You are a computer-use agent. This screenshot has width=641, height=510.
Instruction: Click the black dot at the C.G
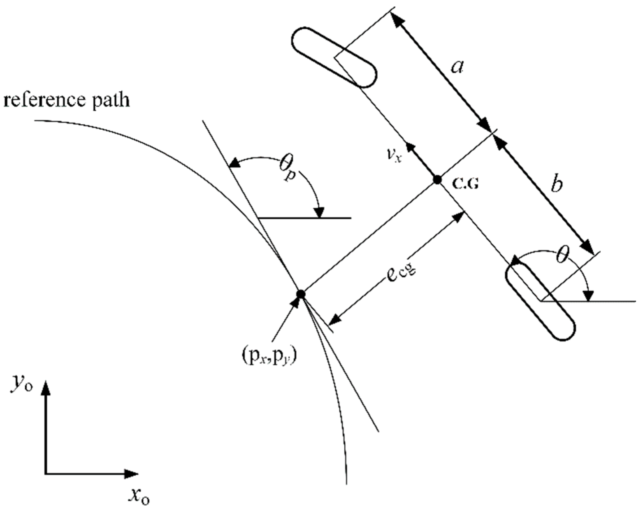pos(437,179)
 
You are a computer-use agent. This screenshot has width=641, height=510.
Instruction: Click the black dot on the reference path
pos(301,294)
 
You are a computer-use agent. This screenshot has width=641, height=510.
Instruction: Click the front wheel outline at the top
pos(334,58)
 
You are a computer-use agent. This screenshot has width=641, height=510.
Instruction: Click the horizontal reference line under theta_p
pos(305,218)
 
